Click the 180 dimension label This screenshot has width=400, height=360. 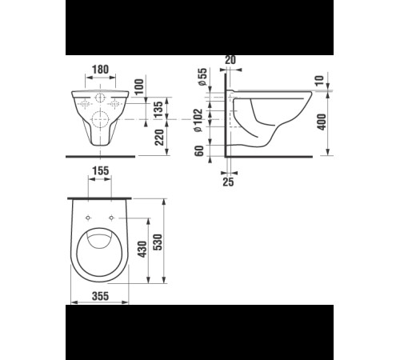tap(100, 70)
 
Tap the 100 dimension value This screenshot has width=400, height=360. tap(139, 87)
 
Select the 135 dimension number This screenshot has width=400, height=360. tap(158, 110)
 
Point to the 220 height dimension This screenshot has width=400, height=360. tap(159, 138)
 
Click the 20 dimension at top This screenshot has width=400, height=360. tap(230, 60)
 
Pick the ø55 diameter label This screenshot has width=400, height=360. tap(202, 77)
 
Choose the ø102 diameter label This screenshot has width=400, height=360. tap(198, 120)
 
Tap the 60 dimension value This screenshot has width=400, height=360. tap(199, 151)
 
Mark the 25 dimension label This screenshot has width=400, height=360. tap(228, 182)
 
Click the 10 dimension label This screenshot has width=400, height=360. tap(319, 81)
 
